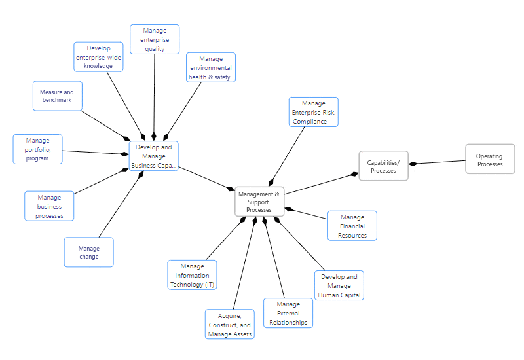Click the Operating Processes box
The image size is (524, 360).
(x=490, y=160)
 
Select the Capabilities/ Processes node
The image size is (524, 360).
(x=383, y=166)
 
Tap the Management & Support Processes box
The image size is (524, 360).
(x=259, y=202)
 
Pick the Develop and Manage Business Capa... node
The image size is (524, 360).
(x=153, y=156)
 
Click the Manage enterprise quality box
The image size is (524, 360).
(x=155, y=39)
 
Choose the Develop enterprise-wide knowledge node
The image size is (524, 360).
(x=98, y=57)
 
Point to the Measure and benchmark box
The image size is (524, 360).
(x=57, y=96)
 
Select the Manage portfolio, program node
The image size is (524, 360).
(x=37, y=149)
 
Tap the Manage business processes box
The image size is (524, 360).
(x=49, y=206)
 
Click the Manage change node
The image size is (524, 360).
(x=88, y=252)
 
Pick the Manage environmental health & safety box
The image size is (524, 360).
(x=210, y=68)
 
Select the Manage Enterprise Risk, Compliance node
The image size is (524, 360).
(x=314, y=112)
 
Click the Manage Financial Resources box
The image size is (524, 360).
(x=352, y=226)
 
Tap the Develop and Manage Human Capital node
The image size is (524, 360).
(x=339, y=285)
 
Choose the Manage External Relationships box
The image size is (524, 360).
(x=288, y=313)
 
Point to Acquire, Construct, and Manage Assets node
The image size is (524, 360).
(x=229, y=325)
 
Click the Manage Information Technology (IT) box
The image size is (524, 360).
(x=192, y=275)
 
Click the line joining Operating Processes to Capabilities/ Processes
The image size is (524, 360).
(x=439, y=162)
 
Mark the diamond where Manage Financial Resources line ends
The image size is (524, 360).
(x=289, y=209)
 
